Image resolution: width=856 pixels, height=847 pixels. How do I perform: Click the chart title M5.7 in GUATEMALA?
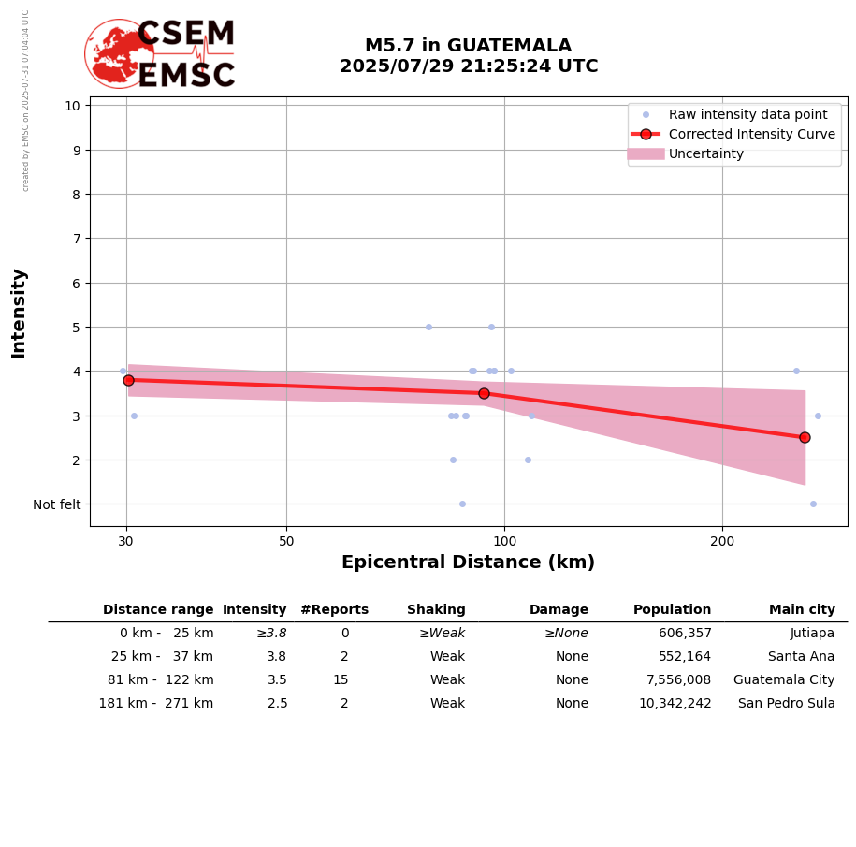[x=468, y=46]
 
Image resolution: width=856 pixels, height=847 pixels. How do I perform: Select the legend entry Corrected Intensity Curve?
[x=751, y=134]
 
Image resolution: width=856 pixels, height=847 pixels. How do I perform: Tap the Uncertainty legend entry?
[x=705, y=153]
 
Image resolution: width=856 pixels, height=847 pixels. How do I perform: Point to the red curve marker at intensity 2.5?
[x=805, y=437]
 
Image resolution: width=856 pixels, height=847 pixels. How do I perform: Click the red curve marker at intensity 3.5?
[x=484, y=393]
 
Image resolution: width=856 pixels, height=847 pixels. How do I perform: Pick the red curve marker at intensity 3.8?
[x=128, y=380]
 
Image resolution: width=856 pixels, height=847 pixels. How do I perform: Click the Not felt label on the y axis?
[x=56, y=504]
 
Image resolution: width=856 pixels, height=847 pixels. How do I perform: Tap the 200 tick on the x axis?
[x=722, y=541]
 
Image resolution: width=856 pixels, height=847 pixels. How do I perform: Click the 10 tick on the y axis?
[x=72, y=105]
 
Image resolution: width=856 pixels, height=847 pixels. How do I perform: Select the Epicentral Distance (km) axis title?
[x=468, y=562]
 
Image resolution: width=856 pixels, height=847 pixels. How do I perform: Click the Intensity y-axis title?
[x=19, y=313]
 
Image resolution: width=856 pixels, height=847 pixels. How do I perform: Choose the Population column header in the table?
[x=672, y=610]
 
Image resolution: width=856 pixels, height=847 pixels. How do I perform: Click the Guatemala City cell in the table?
[x=784, y=680]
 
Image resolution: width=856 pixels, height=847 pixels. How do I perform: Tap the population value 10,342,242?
[x=675, y=704]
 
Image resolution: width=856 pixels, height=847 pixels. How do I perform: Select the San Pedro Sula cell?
[x=787, y=704]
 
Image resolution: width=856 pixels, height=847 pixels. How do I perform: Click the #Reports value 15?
[x=341, y=680]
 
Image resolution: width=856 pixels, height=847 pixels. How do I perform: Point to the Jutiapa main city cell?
[x=812, y=634]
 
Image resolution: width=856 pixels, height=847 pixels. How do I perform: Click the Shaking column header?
[x=436, y=610]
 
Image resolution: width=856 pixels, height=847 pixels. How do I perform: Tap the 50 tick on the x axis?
[x=286, y=541]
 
